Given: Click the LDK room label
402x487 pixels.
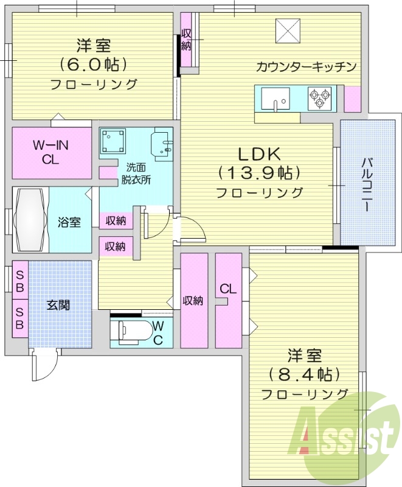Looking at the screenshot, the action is pos(259,153).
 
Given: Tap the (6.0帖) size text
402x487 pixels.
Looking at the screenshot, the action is pos(93,65).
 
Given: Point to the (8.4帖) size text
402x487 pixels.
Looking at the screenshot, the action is pos(304,374).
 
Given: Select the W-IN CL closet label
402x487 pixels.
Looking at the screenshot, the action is pos(51,153).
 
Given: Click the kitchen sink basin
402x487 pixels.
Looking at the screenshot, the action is pos(276,98).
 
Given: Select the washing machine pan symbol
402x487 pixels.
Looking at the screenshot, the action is pos(114,141).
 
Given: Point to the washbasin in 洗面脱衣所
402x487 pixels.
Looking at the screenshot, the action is pos(161,144).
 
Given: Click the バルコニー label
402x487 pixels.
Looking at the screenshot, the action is pos(368,184).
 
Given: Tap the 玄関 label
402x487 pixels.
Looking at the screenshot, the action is pos(58,306).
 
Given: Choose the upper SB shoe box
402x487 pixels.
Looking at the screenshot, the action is pos(20,281).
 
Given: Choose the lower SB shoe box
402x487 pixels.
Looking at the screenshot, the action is pos(20,318).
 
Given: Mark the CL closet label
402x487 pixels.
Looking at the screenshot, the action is pos(228,289).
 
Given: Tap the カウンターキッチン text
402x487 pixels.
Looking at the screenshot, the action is pos(306,67).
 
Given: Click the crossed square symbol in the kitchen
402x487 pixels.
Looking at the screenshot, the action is pos(288,31).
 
